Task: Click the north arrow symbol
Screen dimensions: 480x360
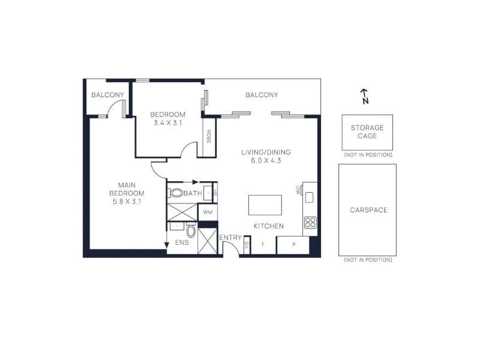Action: pos(364,96)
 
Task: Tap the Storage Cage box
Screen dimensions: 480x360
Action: pos(367,132)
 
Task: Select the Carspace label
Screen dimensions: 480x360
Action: pos(368,210)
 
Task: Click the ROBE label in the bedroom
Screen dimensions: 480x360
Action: pos(209,137)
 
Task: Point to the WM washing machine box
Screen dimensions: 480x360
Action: pos(208,212)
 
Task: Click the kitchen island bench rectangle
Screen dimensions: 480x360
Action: pos(265,205)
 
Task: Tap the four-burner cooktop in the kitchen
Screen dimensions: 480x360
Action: pos(310,222)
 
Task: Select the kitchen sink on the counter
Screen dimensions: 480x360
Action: pos(309,197)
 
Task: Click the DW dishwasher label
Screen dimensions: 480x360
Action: pos(298,190)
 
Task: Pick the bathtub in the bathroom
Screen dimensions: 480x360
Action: pos(176,193)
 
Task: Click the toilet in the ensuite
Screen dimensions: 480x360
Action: pos(191,231)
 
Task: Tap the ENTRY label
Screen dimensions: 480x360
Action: pos(230,238)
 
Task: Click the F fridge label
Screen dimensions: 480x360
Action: pos(263,244)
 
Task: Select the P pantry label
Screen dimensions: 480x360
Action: pos(293,244)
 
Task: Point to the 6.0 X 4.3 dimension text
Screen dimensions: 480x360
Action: pos(266,160)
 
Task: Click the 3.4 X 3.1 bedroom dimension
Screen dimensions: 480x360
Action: pos(168,123)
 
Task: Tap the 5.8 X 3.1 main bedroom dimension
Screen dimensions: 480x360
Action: pos(127,202)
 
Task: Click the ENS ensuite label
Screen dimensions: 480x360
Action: pos(182,242)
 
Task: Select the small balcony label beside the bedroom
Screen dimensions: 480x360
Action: pos(107,95)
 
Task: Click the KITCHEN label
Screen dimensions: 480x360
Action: pos(269,226)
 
